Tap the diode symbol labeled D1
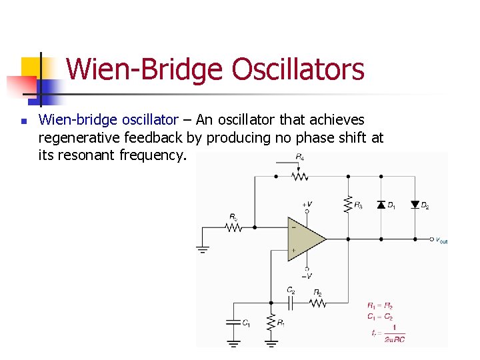pyautogui.click(x=381, y=205)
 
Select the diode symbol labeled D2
pyautogui.click(x=415, y=205)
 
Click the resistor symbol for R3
pyautogui.click(x=347, y=204)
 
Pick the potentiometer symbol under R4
pyautogui.click(x=299, y=177)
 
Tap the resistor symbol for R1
pyautogui.click(x=271, y=323)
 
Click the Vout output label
pyautogui.click(x=441, y=240)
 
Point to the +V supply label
pyautogui.click(x=307, y=205)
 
